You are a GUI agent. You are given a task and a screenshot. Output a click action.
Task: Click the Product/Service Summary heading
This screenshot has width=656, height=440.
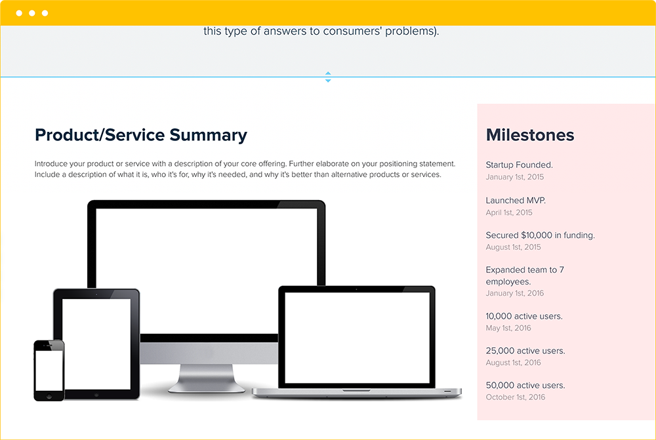click(x=141, y=135)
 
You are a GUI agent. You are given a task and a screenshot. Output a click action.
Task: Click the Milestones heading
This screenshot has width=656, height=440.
click(x=530, y=135)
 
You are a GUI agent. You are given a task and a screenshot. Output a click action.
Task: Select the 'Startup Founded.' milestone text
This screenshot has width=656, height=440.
click(x=519, y=165)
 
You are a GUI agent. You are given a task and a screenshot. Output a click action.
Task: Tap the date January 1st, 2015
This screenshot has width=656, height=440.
click(x=514, y=177)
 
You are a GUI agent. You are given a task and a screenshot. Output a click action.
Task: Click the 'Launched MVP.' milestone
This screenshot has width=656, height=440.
click(x=515, y=201)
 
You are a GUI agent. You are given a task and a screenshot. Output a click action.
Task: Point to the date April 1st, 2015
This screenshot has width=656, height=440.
click(x=509, y=212)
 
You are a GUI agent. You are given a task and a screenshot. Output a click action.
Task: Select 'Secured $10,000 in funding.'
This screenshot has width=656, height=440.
click(x=540, y=235)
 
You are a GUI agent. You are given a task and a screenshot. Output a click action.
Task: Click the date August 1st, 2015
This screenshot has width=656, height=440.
click(x=513, y=247)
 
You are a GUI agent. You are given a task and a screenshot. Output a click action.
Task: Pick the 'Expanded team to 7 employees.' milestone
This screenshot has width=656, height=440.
click(x=525, y=275)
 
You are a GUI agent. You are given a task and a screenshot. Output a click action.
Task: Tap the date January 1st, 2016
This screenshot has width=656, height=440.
click(x=514, y=293)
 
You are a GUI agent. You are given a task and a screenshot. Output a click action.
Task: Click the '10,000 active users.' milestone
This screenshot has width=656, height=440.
click(x=523, y=316)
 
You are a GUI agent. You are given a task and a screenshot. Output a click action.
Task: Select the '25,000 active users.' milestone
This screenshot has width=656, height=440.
click(x=525, y=351)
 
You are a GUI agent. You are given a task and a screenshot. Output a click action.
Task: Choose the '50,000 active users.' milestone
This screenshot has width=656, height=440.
click(x=525, y=386)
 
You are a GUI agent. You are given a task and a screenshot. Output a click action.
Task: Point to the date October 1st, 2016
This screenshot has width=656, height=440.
click(x=515, y=397)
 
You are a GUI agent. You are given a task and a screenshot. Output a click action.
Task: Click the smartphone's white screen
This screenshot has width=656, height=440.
click(x=49, y=370)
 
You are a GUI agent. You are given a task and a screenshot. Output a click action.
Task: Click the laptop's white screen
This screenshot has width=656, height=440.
click(x=357, y=339)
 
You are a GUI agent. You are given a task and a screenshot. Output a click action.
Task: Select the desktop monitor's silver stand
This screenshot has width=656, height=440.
click(x=202, y=377)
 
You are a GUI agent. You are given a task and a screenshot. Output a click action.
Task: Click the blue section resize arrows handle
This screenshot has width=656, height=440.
click(x=328, y=77)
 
